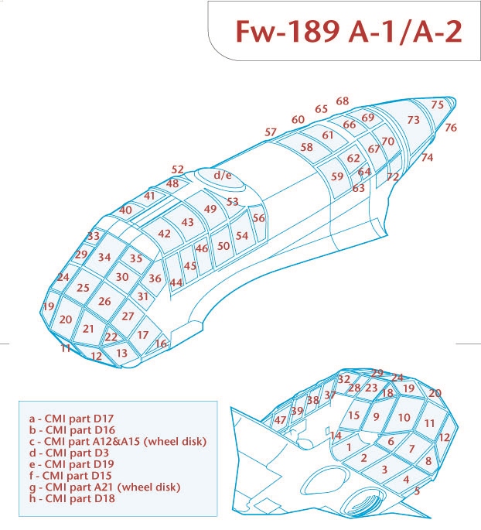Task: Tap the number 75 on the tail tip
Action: point(438,104)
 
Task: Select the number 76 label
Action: point(451,128)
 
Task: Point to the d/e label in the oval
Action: point(223,176)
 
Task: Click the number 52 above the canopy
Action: point(178,169)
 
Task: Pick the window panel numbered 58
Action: point(307,147)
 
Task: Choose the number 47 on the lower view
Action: point(280,420)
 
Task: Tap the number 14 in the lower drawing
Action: point(336,436)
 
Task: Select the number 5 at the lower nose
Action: point(417,491)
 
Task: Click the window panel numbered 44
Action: point(176,283)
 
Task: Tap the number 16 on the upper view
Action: point(161,344)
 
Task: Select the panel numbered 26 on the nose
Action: point(104,302)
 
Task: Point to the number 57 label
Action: point(271,132)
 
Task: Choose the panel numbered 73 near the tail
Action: point(414,120)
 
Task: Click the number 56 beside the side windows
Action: point(259,218)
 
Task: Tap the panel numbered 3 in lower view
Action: point(384,470)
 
